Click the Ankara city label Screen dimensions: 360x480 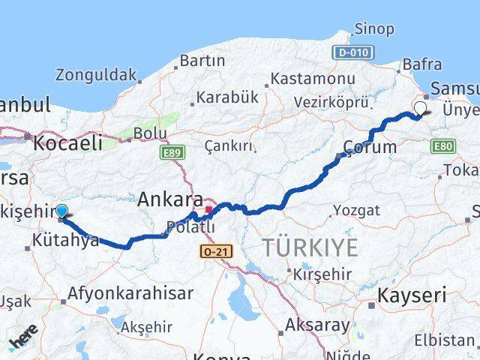[169, 199]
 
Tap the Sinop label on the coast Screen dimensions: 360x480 [373, 29]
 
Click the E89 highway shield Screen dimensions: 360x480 [172, 152]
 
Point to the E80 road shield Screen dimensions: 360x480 [443, 146]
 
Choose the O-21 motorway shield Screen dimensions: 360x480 [214, 252]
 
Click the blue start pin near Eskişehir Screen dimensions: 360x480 [61, 212]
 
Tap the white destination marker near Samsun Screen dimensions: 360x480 [419, 108]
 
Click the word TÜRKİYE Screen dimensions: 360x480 [310, 247]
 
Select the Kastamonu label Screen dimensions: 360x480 [312, 78]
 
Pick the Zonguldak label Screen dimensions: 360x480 [96, 75]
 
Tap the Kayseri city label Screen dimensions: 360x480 [412, 294]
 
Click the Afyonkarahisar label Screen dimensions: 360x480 [130, 293]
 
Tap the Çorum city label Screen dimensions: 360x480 [370, 146]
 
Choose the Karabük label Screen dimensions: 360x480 [227, 97]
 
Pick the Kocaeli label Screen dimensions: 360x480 [68, 142]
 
